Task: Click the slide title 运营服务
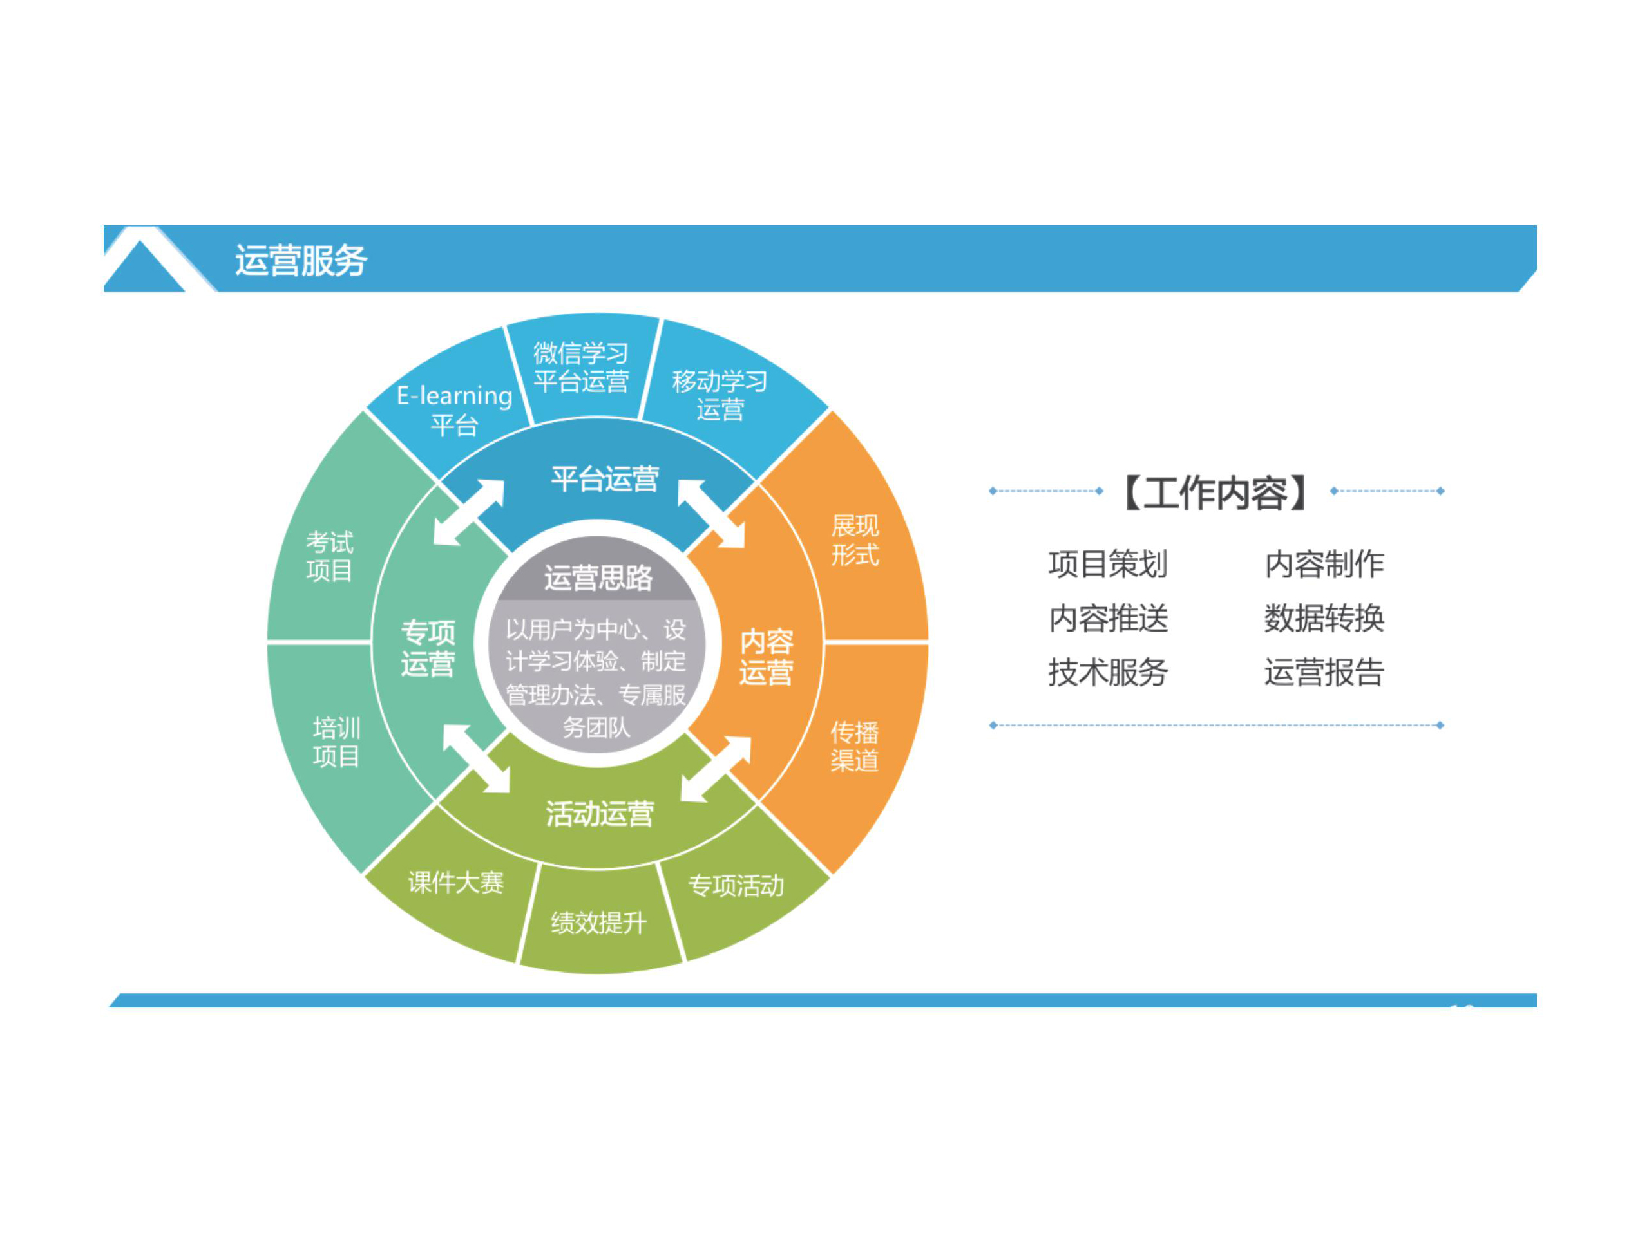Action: click(x=301, y=261)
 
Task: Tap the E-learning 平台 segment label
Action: click(x=455, y=411)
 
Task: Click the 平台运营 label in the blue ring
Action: click(x=605, y=479)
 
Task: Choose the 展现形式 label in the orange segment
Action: click(x=855, y=541)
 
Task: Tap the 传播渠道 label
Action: click(x=855, y=747)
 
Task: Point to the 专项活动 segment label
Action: click(x=736, y=886)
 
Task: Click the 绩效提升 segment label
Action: click(x=598, y=923)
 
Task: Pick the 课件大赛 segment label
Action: click(x=456, y=883)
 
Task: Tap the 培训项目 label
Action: click(x=336, y=743)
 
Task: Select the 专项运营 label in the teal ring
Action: click(x=428, y=648)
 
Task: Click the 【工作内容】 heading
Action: click(x=1216, y=492)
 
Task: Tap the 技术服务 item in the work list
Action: click(x=1108, y=672)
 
